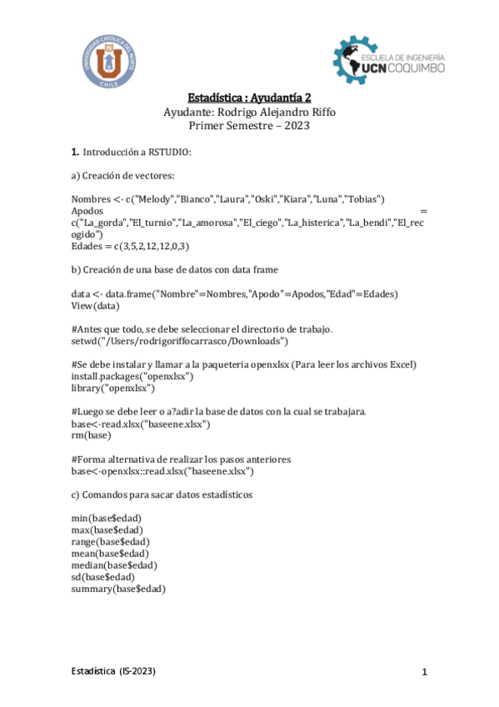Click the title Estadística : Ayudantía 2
point(249,98)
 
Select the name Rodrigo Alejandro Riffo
point(277,112)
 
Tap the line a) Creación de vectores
point(123,175)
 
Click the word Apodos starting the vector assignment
point(88,211)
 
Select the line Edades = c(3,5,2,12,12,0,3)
point(131,246)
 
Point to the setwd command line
point(180,341)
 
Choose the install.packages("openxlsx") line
point(132,377)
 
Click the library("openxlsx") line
point(112,389)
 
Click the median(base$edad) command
point(114,564)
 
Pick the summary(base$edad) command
point(118,589)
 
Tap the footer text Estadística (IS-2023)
point(112,671)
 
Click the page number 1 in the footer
point(424,672)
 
